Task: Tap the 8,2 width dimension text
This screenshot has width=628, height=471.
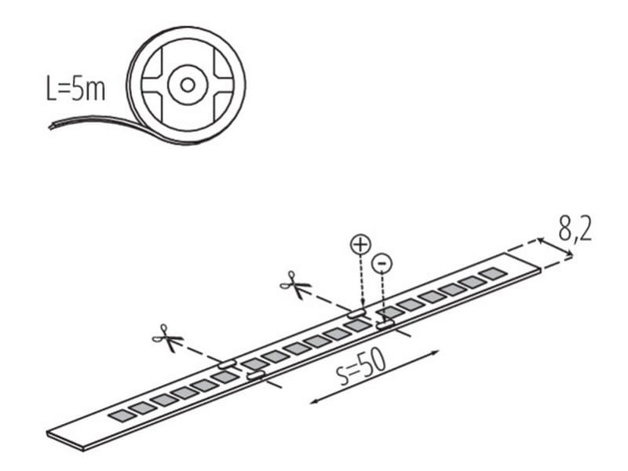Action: [x=575, y=229]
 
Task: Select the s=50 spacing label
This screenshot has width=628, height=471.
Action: [x=362, y=367]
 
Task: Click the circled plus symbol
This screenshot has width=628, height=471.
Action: [x=361, y=245]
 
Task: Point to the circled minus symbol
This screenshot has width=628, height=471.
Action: [x=382, y=263]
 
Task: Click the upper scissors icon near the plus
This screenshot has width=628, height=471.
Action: [x=296, y=285]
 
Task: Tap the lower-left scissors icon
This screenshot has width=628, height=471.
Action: [x=167, y=338]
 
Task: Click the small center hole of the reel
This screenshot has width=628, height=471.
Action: [x=188, y=85]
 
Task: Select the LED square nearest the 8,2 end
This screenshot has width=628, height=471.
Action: [x=493, y=274]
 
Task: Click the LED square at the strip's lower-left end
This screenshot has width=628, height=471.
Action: [x=123, y=415]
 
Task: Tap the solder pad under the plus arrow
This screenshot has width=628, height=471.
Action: [x=357, y=313]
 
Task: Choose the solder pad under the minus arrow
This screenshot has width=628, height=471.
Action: [x=385, y=325]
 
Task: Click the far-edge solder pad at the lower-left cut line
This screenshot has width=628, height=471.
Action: [x=227, y=364]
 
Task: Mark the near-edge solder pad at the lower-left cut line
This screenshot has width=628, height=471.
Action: [x=256, y=375]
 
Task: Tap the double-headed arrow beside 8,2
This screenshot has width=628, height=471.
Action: [x=555, y=246]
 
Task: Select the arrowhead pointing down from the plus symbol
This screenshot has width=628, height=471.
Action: [x=363, y=305]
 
